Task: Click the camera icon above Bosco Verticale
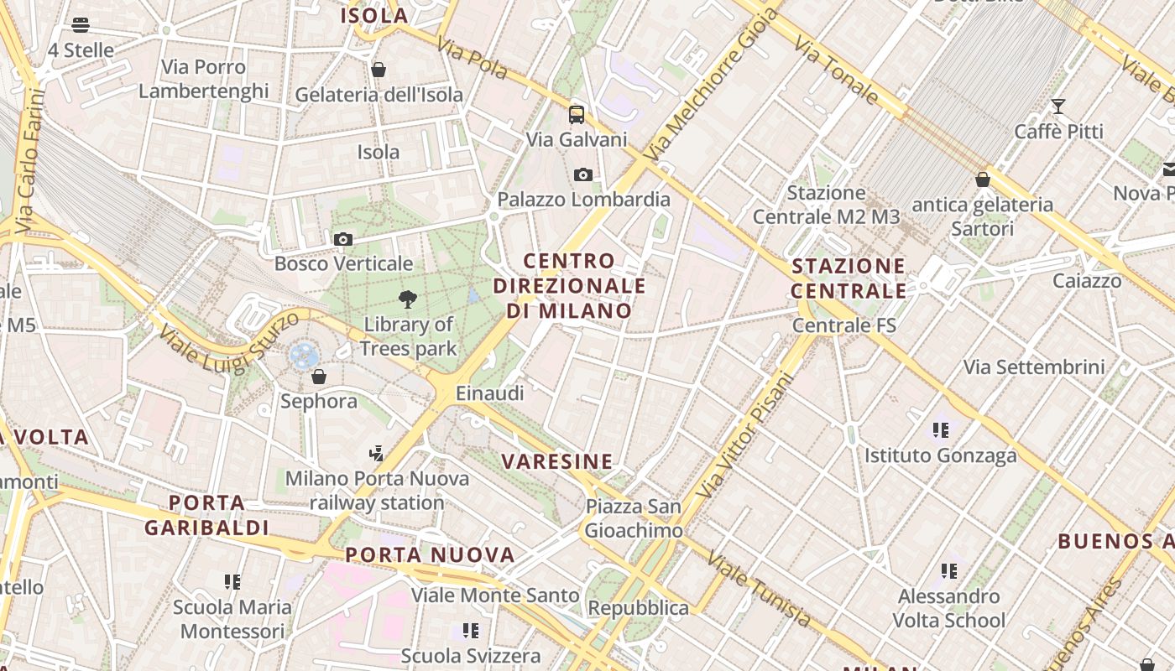342,240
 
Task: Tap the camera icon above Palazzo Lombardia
583,175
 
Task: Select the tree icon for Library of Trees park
409,299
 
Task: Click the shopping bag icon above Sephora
319,377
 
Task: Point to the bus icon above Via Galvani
577,115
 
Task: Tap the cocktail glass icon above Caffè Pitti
1058,107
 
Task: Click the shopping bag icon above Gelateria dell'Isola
379,70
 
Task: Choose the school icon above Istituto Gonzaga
941,430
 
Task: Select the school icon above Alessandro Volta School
949,571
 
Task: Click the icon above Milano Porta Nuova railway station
377,454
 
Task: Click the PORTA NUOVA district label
430,554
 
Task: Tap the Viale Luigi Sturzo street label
228,342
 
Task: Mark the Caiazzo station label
1087,281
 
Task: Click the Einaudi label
489,393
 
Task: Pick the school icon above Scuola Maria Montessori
232,581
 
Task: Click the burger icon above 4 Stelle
81,25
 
